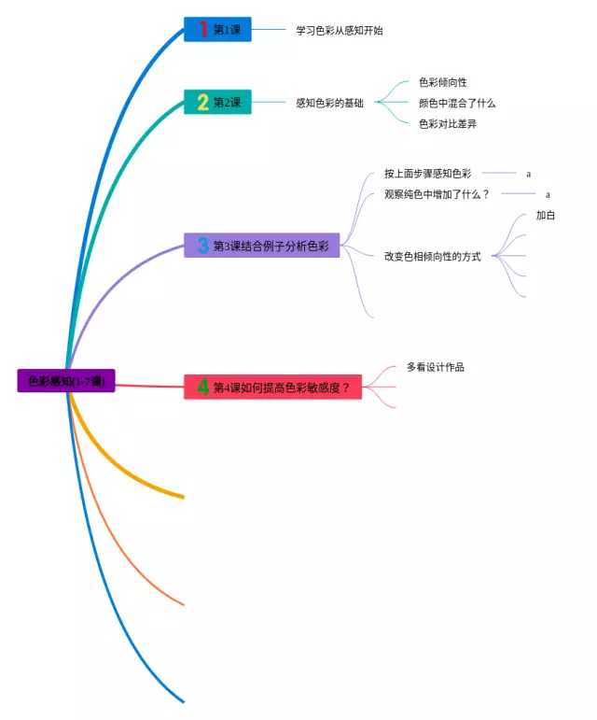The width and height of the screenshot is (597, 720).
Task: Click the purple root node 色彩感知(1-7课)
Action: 66,381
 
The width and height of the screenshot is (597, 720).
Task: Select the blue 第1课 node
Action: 217,30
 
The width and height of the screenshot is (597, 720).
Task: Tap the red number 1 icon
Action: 202,30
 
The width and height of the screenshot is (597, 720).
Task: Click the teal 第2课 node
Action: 217,103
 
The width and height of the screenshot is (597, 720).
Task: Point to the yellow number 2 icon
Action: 202,103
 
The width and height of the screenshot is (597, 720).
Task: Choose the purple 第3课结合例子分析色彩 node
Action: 261,246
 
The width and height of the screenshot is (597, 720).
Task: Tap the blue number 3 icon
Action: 202,246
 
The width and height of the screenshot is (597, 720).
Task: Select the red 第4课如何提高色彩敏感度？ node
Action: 272,388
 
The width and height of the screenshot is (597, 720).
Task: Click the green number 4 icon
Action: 202,388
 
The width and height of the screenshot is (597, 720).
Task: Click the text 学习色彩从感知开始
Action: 340,30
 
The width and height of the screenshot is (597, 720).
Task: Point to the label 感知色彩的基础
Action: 329,103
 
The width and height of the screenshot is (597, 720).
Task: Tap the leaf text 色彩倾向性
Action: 443,82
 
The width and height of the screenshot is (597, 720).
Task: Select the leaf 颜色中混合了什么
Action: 457,103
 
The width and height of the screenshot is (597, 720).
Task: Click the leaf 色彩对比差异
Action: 448,123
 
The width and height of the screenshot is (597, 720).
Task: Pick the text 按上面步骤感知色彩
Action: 427,174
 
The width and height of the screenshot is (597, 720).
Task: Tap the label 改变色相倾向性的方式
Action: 433,256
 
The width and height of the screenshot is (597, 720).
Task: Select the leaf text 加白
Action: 546,215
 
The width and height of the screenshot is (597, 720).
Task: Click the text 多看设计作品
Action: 436,367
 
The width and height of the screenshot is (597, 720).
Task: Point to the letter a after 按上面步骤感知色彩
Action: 528,174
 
